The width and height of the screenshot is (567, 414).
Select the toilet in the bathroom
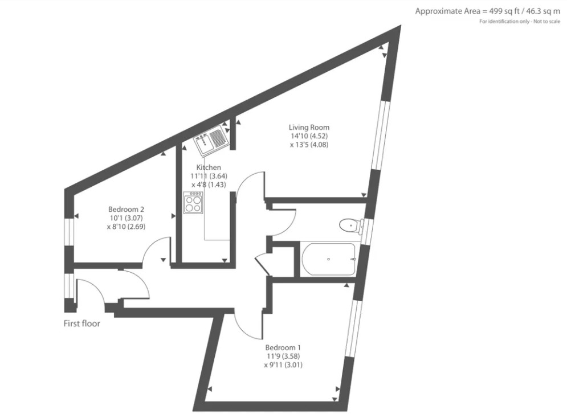(349, 226)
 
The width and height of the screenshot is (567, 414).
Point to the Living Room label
(309, 127)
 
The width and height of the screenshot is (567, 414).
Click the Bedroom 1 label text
(283, 347)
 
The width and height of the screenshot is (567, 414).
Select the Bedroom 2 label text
(125, 209)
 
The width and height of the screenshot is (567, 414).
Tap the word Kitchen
(209, 167)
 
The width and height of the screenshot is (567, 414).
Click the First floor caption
(81, 324)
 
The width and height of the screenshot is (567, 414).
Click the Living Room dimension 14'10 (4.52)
(309, 136)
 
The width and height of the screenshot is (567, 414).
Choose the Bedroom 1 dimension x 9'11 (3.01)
(283, 365)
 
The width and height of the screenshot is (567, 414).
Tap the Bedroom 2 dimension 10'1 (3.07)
(125, 218)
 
